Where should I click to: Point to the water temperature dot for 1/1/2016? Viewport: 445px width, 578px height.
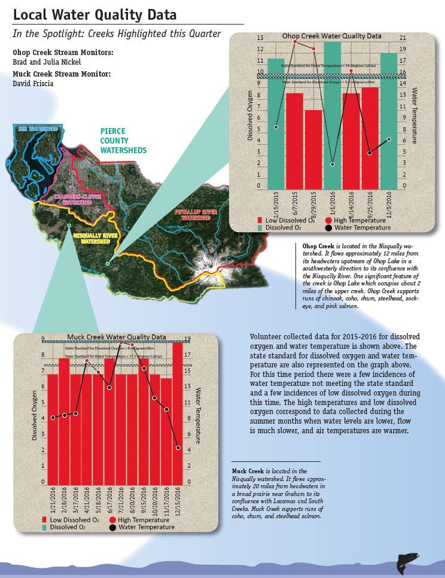(x=333, y=164)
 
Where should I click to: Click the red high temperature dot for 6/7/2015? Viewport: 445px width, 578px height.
(x=294, y=42)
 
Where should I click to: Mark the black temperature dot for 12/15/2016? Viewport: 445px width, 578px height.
(x=178, y=448)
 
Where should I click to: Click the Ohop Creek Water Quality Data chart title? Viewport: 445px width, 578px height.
(x=332, y=36)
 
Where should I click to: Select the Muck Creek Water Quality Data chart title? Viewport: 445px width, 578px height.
(x=117, y=337)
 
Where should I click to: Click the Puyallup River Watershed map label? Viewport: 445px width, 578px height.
(x=192, y=215)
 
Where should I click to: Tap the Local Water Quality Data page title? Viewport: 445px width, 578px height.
(x=95, y=14)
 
